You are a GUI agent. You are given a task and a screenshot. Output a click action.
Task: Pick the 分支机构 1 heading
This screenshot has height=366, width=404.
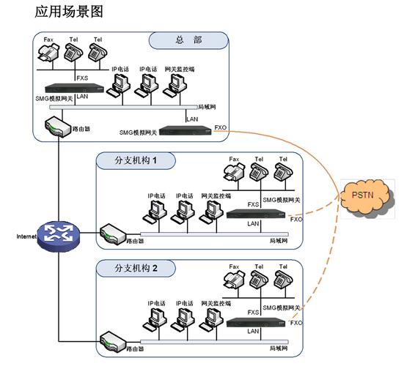136,161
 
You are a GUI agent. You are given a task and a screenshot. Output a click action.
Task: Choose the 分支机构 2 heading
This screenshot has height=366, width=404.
136,269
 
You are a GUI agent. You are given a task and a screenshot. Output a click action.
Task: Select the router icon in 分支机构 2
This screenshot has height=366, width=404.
110,341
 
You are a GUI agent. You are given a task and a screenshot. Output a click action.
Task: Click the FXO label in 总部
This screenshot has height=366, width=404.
221,127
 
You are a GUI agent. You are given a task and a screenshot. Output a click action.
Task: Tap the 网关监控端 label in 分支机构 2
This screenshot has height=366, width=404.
216,302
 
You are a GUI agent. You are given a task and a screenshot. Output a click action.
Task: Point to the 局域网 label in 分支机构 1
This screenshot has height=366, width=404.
279,239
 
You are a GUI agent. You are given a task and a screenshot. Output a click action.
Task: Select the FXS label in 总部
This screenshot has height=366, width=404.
83,77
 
